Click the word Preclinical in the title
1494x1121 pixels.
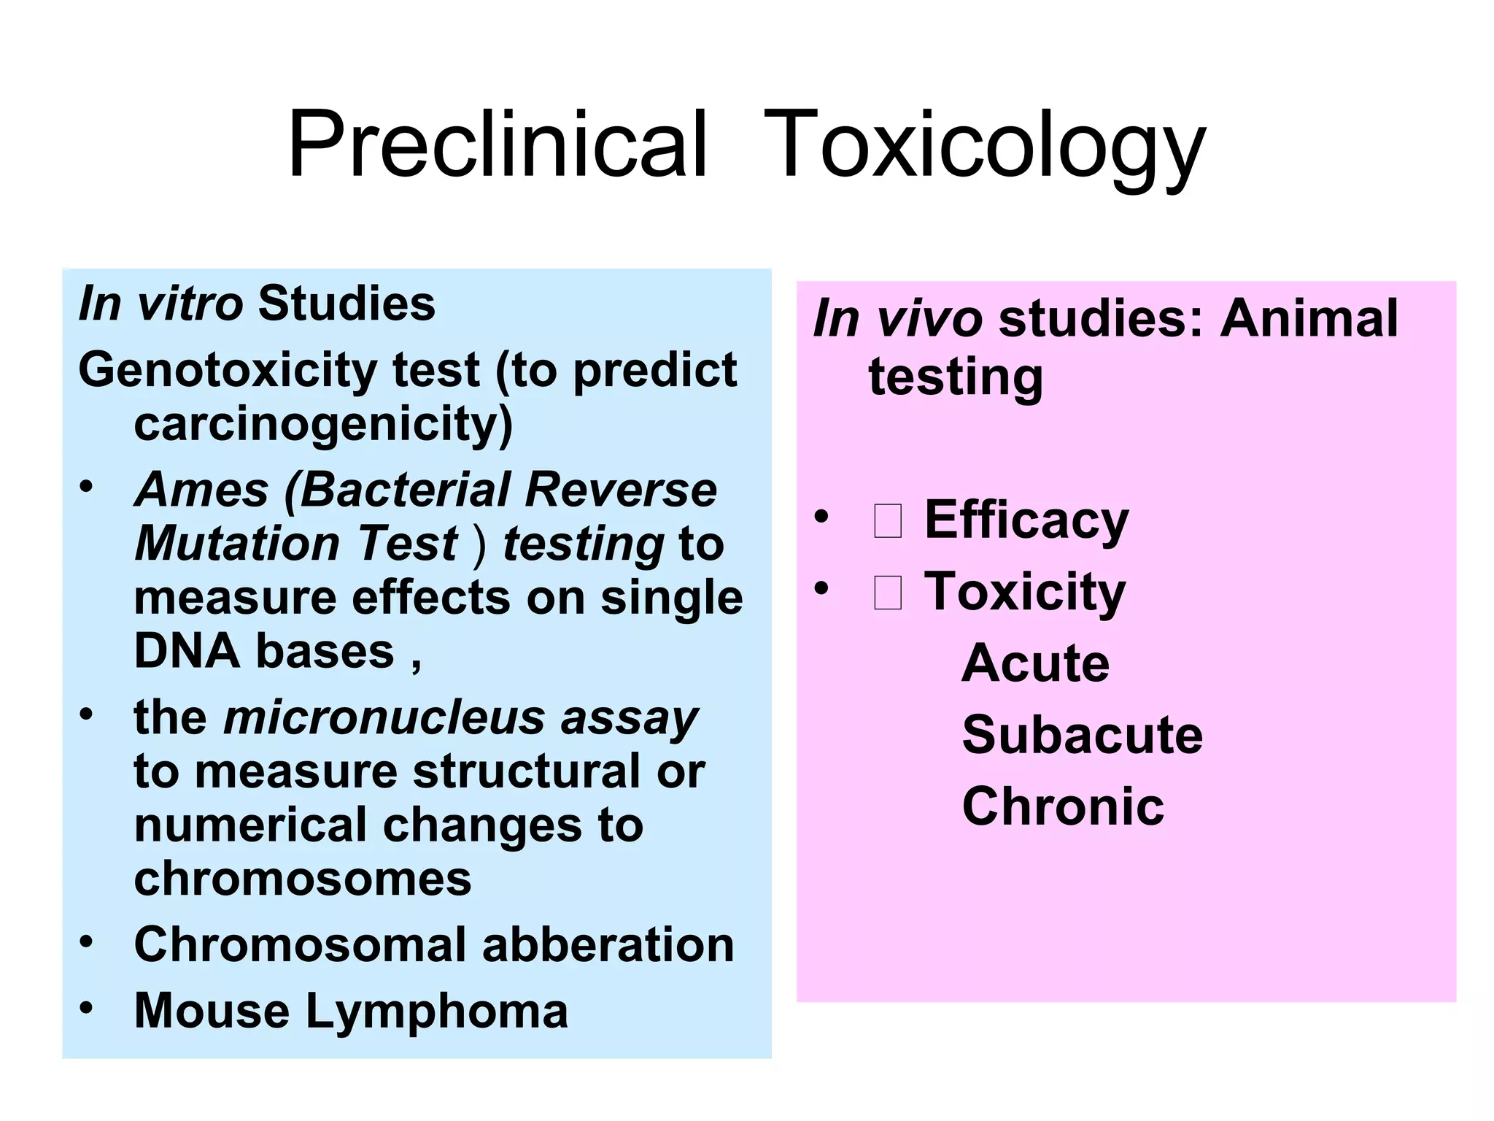(498, 144)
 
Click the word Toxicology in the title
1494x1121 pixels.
(984, 144)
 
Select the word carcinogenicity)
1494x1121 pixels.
(323, 425)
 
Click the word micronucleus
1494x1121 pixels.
(384, 717)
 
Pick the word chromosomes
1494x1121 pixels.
(303, 878)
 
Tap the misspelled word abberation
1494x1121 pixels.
(608, 944)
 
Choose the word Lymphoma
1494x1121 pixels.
(436, 1011)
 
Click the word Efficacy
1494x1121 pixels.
(1026, 520)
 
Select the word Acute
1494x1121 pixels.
(1035, 663)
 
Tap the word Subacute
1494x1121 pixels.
(1083, 735)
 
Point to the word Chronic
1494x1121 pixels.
(1063, 806)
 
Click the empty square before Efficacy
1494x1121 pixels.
(887, 521)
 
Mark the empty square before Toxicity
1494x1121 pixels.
(887, 592)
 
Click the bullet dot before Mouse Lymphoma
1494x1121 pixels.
(87, 1008)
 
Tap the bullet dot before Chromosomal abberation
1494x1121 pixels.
(87, 941)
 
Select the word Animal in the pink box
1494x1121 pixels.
(1309, 318)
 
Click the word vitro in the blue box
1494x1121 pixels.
(190, 304)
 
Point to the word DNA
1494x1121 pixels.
(187, 651)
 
